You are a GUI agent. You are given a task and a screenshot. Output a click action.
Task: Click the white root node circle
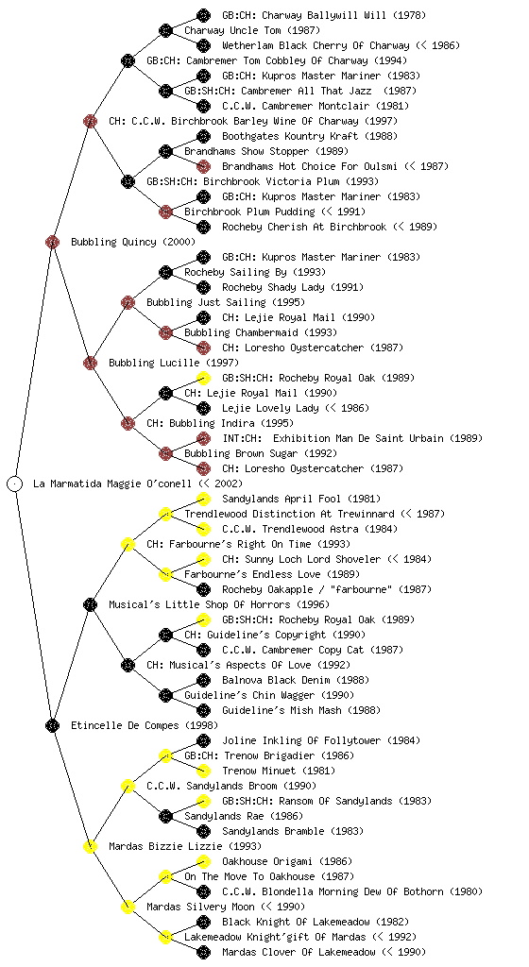point(15,483)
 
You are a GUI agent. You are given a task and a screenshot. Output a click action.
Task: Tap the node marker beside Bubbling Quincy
point(52,242)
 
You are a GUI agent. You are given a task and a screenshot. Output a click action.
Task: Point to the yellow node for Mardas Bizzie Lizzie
point(90,846)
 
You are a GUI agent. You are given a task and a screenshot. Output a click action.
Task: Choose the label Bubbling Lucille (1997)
point(173,363)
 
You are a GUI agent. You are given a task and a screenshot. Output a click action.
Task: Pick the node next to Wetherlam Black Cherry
point(203,45)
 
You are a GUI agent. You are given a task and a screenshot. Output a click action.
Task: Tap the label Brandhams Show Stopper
point(247,151)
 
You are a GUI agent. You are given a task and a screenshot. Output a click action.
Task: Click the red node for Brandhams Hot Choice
point(203,166)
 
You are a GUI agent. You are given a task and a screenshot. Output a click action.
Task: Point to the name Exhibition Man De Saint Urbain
point(358,438)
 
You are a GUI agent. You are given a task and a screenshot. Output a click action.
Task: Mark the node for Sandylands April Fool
point(203,499)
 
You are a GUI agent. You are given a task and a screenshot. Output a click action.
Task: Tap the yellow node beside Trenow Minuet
point(203,771)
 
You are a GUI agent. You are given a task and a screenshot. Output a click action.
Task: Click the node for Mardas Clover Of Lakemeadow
point(203,952)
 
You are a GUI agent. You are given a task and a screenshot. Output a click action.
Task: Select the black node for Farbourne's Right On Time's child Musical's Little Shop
point(90,604)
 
